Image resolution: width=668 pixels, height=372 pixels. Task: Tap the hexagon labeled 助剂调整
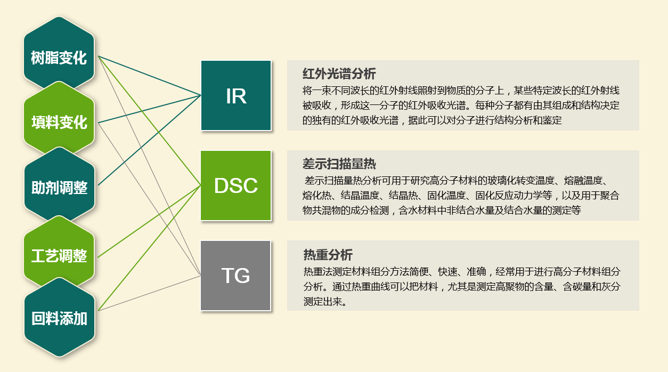point(59,187)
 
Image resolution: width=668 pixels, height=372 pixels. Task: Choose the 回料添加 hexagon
point(59,318)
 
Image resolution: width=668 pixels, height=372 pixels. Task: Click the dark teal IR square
point(236,95)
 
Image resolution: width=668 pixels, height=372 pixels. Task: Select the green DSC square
point(236,185)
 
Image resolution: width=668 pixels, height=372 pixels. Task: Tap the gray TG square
point(235,276)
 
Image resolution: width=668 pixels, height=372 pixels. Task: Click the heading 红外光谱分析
point(339,74)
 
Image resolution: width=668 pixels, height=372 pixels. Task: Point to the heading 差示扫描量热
point(339,164)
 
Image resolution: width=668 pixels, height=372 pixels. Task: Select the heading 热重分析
point(328,255)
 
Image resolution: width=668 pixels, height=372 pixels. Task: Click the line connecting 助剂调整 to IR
point(149,140)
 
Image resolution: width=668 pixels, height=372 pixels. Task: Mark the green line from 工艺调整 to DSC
point(149,221)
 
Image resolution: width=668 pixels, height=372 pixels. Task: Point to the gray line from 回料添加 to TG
point(149,293)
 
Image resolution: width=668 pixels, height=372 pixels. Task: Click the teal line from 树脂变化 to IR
point(149,76)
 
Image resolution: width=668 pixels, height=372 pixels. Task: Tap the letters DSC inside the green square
point(236,185)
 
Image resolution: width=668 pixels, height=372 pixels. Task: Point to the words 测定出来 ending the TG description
point(323,302)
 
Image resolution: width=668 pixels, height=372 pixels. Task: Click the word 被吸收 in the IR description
point(317,105)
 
